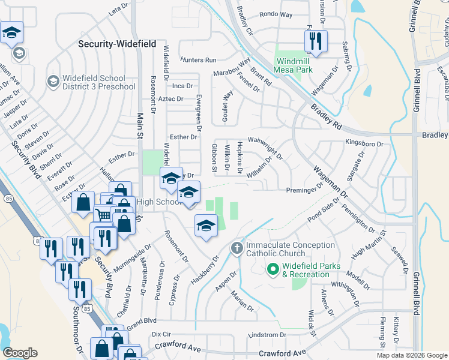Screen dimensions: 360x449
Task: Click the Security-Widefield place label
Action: click(x=118, y=44)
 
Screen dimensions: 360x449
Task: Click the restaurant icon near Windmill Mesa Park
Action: click(x=315, y=41)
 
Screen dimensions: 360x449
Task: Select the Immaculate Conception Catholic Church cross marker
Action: click(x=237, y=248)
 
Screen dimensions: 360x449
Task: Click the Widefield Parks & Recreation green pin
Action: click(x=274, y=271)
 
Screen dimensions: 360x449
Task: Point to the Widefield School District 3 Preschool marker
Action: click(x=53, y=80)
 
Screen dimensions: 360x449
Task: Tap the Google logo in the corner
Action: click(x=20, y=353)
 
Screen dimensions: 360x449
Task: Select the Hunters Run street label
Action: click(x=197, y=60)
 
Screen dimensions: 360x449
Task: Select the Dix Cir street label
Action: click(x=161, y=334)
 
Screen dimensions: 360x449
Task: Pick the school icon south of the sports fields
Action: click(x=205, y=226)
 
